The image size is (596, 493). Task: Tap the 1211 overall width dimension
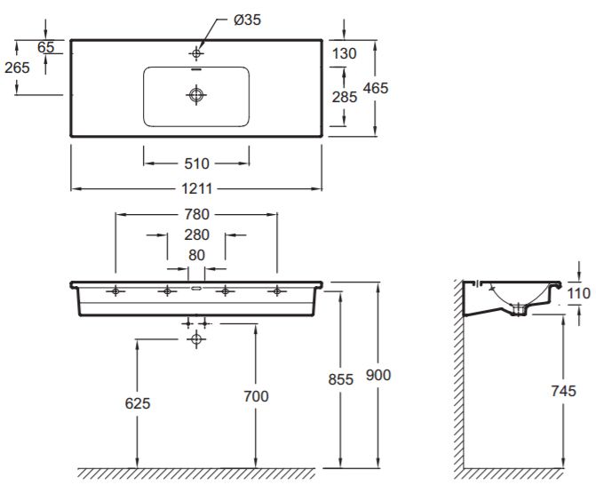pos(196,188)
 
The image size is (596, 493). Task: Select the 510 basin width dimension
pos(196,163)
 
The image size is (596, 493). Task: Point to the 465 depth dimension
pos(376,88)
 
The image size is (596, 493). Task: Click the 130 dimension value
pos(344,53)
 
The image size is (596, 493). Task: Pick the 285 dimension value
pos(344,97)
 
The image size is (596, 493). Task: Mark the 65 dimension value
pos(46,46)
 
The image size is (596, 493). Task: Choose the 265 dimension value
pos(16,68)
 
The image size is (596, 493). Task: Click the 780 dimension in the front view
pos(195,214)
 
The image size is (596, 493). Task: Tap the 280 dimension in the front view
pos(196,235)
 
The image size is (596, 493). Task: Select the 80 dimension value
pos(196,255)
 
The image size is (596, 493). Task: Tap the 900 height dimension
pos(377,376)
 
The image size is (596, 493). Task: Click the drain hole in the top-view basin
pos(195,93)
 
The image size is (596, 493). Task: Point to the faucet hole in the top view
pos(196,54)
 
